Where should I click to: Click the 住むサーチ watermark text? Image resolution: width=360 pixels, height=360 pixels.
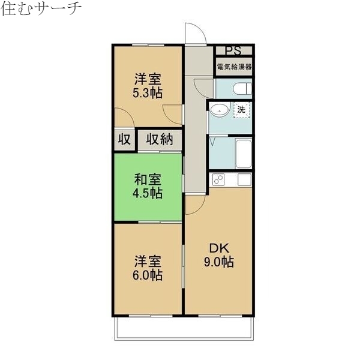[x=41, y=9]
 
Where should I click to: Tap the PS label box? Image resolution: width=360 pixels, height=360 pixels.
[x=233, y=50]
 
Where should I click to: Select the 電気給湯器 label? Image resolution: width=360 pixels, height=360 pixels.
[x=234, y=67]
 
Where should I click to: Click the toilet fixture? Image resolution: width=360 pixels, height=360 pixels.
[x=241, y=89]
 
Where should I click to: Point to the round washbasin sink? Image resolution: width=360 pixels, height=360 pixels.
[x=219, y=110]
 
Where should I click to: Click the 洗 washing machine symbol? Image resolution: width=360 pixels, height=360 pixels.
[x=241, y=110]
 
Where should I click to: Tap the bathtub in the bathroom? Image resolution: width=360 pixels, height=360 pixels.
[x=242, y=154]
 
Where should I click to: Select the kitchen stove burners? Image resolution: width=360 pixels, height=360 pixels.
[x=217, y=179]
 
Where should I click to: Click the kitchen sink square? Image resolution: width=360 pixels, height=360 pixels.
[x=244, y=179]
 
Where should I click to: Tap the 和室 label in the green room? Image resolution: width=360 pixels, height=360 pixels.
[x=148, y=179]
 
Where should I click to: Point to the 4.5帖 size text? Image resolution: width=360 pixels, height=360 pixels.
[x=148, y=193]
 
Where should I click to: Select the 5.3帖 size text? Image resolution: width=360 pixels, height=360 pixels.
[x=148, y=92]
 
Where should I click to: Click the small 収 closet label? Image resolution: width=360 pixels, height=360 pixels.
[x=124, y=140]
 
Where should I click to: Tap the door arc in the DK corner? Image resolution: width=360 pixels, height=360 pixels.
[x=193, y=204]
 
